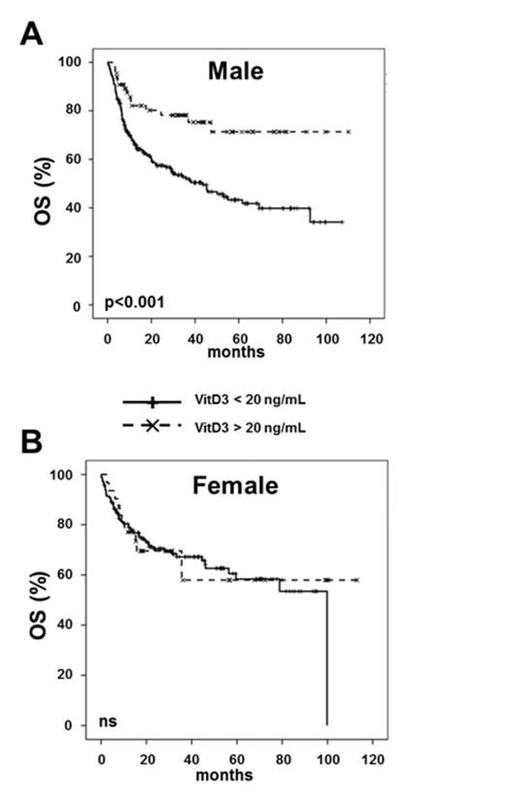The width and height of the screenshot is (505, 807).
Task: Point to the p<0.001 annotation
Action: pyautogui.click(x=135, y=302)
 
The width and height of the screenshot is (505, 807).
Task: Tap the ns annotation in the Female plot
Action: pyautogui.click(x=109, y=721)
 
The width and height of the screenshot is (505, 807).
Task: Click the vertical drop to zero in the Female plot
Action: pyautogui.click(x=327, y=661)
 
